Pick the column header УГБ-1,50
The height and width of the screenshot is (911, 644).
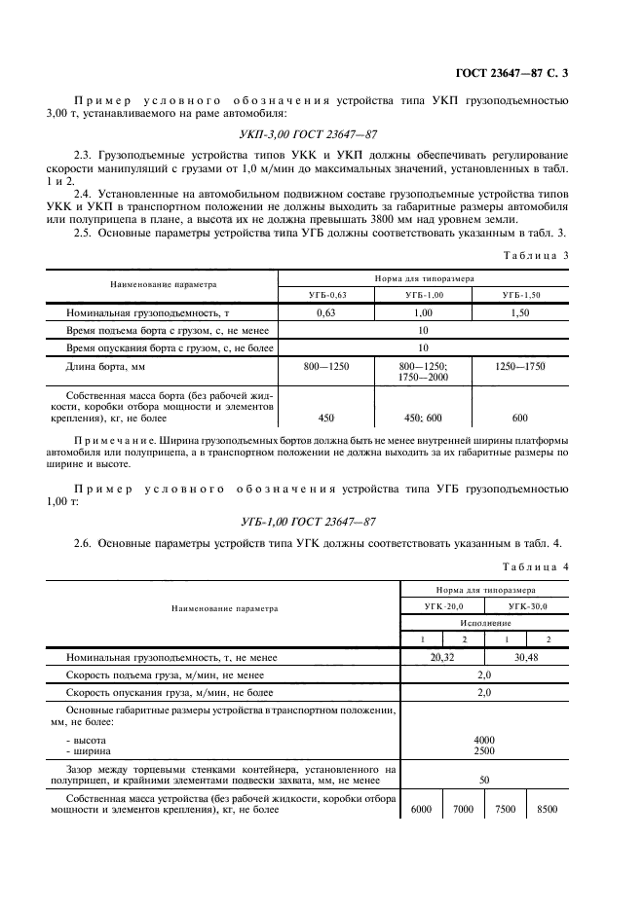coord(519,293)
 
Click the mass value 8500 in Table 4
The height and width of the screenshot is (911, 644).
coord(547,808)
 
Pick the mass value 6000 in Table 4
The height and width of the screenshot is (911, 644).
coord(421,808)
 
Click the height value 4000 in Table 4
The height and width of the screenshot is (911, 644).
coord(484,740)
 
